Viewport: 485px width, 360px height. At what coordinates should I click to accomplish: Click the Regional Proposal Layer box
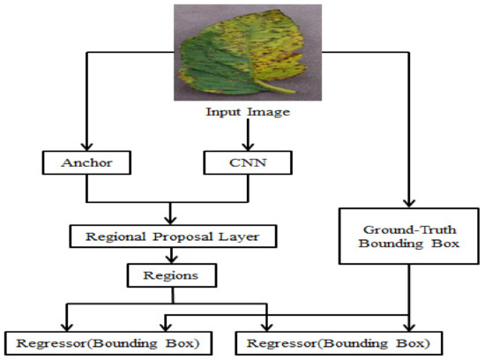164,236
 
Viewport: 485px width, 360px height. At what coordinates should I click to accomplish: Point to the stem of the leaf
280,87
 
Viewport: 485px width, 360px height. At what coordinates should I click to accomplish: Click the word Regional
114,236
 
